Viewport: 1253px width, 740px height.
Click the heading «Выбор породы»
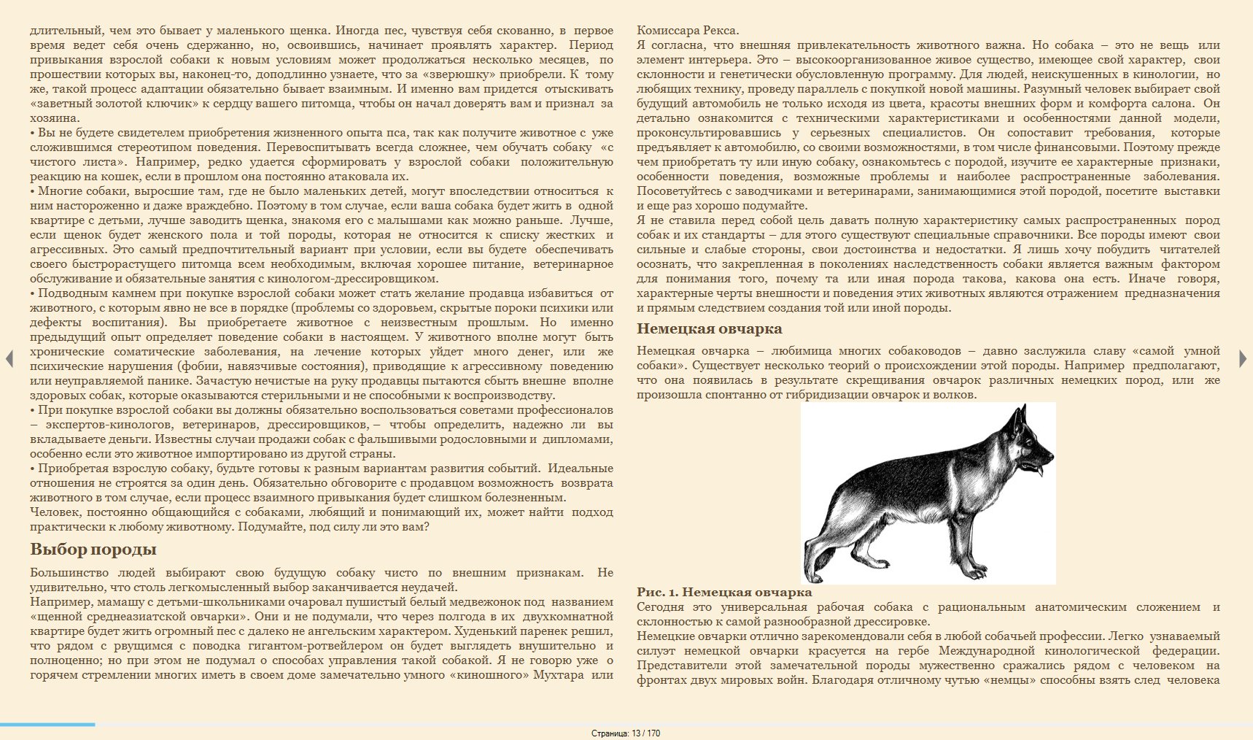(x=93, y=550)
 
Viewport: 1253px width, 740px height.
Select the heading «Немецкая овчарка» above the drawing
(x=709, y=328)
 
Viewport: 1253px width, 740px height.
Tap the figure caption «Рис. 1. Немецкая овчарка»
(x=724, y=593)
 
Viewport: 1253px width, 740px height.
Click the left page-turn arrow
(x=9, y=358)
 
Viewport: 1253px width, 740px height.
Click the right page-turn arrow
(x=1243, y=358)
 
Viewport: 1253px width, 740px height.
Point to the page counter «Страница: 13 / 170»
(x=626, y=733)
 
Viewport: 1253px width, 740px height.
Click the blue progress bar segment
(x=47, y=724)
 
